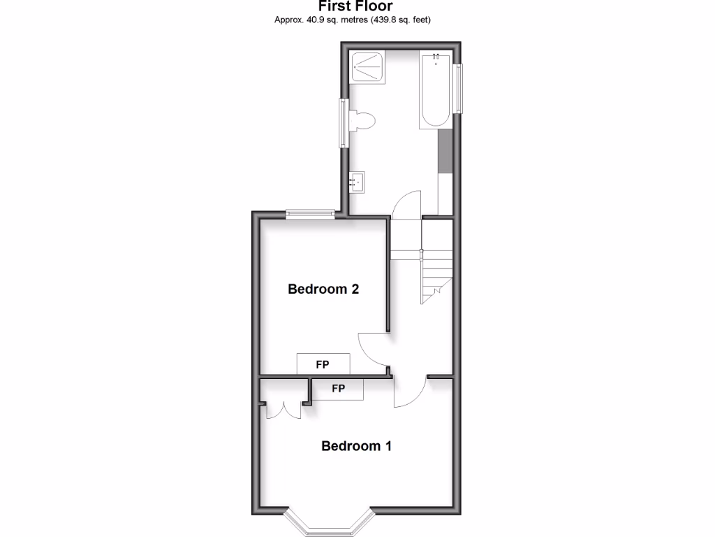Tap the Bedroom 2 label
(323, 289)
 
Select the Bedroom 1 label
(356, 446)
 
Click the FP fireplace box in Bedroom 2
(323, 364)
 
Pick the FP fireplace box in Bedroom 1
(338, 389)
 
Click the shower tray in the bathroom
(367, 68)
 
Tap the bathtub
(435, 89)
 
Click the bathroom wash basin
(358, 182)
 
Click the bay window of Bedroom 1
(332, 524)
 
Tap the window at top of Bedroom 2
(309, 214)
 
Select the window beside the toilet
(344, 122)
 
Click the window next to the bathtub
(458, 88)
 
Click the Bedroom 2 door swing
(374, 350)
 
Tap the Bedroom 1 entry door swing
(410, 392)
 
